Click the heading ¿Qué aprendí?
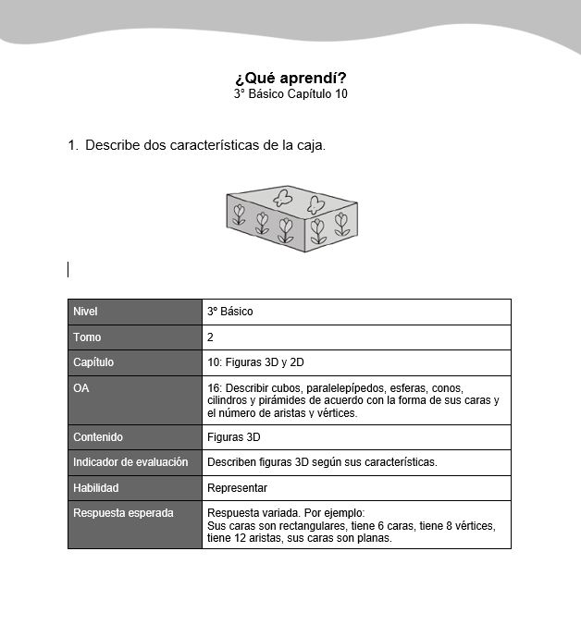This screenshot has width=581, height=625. (290, 78)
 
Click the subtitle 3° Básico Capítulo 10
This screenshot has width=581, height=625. (290, 93)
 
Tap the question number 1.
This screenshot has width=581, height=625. (71, 145)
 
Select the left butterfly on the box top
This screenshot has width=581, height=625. (283, 198)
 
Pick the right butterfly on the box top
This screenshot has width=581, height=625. (316, 203)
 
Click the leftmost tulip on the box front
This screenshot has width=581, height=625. (239, 214)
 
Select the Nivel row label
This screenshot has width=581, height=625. (85, 312)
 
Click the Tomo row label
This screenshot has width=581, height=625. (87, 337)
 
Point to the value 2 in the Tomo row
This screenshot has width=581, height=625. (211, 337)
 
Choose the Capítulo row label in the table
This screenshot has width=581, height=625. (93, 362)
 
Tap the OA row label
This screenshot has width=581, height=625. (81, 388)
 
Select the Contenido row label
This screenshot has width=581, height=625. (98, 437)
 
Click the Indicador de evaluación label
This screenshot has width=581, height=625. (130, 462)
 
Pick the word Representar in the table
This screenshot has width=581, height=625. (237, 488)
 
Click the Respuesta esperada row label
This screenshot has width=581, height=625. (123, 512)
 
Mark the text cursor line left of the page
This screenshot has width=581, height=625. (68, 269)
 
